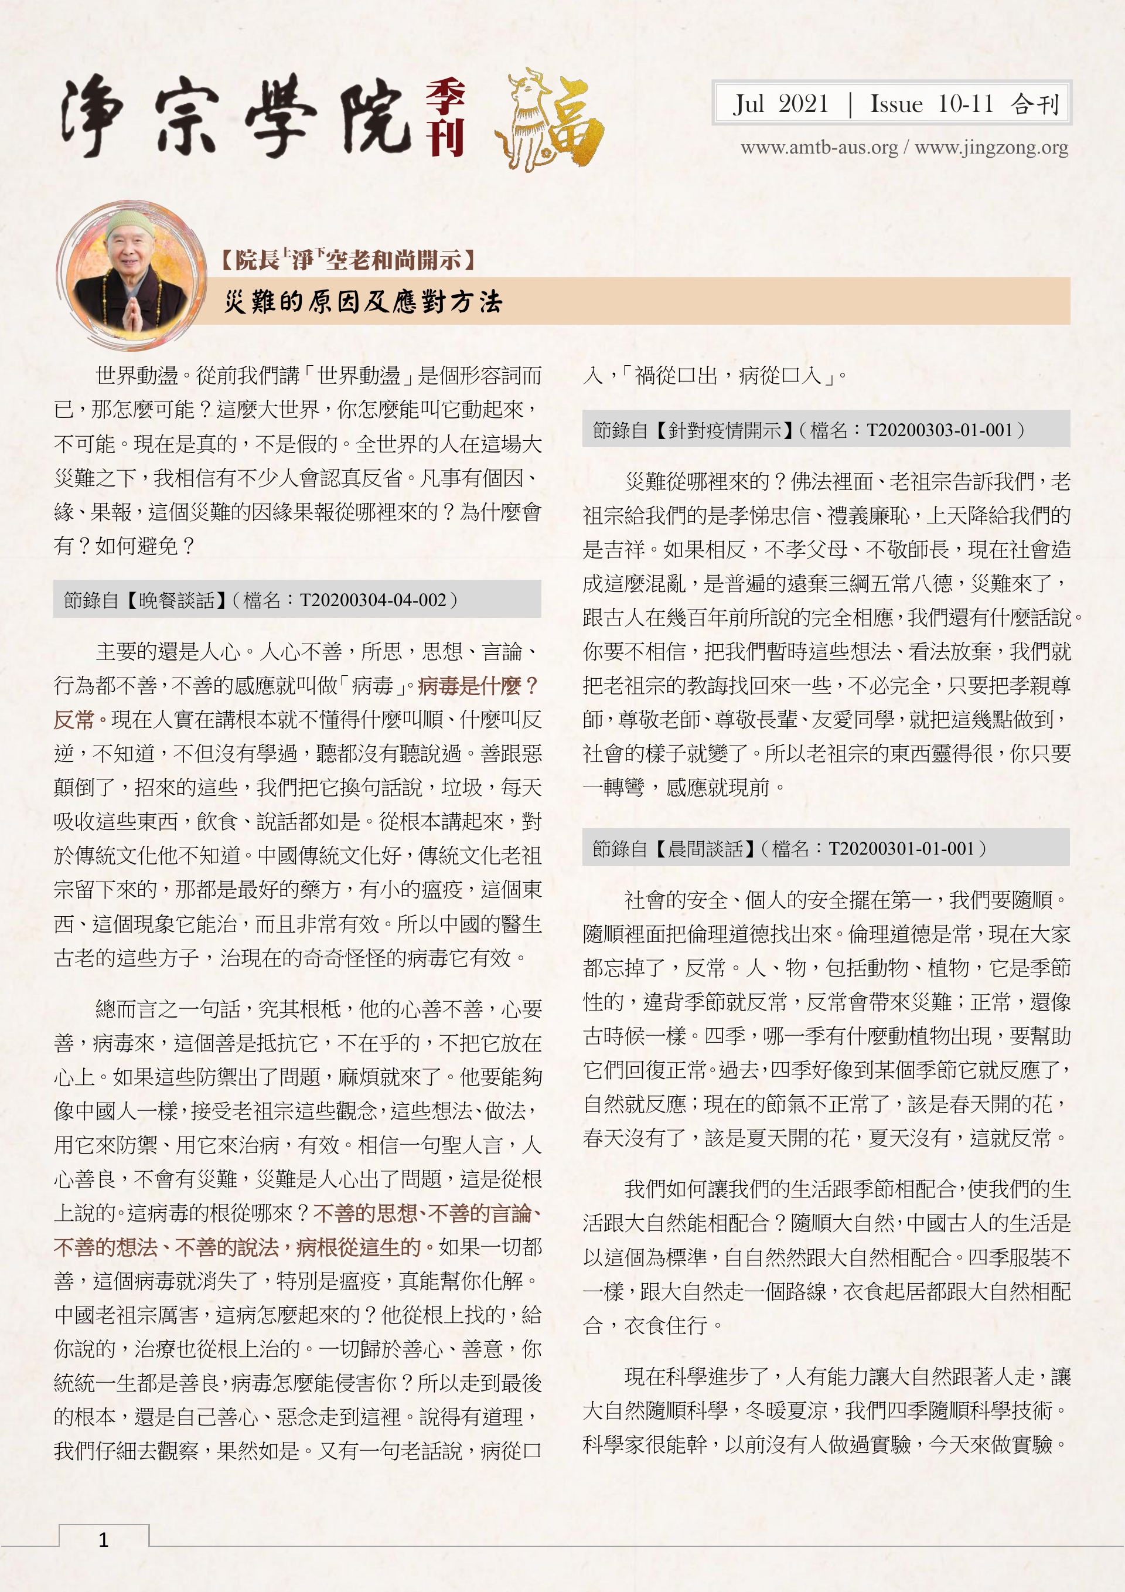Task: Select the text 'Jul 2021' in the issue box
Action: coord(781,104)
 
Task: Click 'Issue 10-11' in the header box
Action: coord(931,104)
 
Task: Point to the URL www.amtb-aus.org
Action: coord(819,148)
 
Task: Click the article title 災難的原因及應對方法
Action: coord(363,302)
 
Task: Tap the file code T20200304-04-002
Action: coord(372,600)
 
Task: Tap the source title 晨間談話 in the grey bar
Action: coord(705,848)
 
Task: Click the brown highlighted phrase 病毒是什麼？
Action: coord(478,686)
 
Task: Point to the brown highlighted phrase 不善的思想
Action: coord(365,1213)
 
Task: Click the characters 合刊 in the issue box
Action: coord(1035,104)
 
